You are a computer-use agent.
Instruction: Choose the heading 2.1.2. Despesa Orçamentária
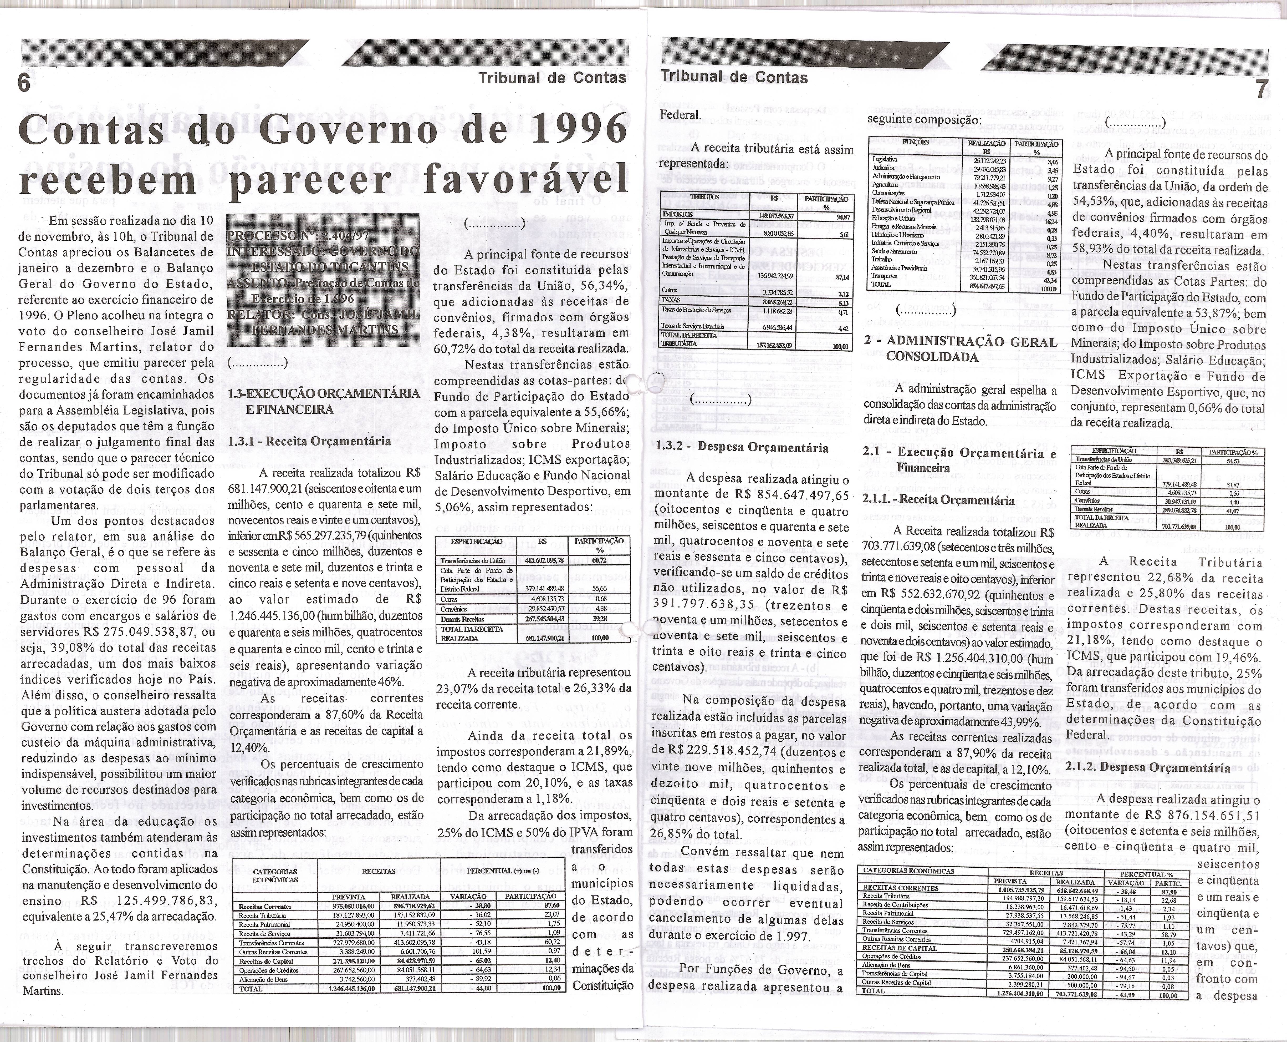(1148, 767)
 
